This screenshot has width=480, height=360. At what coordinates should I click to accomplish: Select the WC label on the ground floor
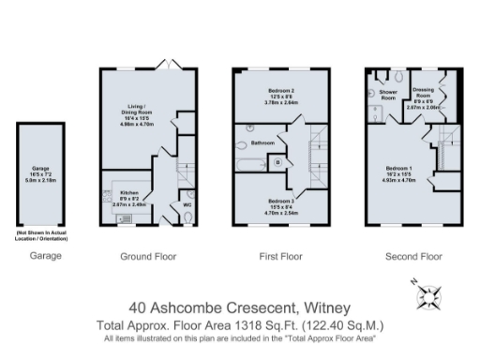click(187, 202)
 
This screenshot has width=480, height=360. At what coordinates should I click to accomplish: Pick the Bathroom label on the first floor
click(262, 143)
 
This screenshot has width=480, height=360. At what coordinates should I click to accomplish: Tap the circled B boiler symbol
click(277, 162)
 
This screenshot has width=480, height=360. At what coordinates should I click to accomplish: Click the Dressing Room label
click(426, 94)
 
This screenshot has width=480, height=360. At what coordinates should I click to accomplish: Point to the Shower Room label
click(387, 96)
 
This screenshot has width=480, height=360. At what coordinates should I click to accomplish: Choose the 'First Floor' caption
click(278, 256)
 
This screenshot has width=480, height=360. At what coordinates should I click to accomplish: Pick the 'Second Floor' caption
click(413, 256)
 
